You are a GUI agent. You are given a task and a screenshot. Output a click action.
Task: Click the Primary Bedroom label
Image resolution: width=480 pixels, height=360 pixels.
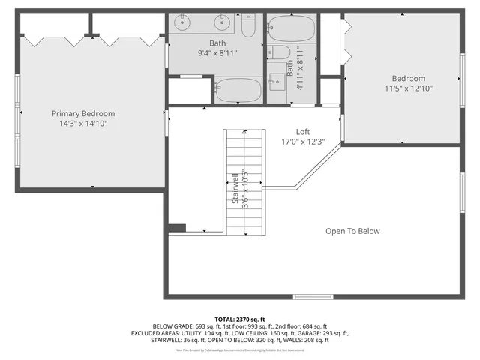[x=82, y=113]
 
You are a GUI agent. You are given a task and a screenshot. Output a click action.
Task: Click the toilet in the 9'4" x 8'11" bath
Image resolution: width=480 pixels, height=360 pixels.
[x=248, y=27]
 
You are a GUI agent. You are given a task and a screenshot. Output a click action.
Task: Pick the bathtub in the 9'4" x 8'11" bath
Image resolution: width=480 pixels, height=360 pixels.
[x=238, y=91]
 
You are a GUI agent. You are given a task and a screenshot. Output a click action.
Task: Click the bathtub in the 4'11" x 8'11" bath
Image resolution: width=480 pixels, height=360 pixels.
[x=293, y=29]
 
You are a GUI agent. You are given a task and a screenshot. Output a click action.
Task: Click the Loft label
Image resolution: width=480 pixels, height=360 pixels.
[x=303, y=131]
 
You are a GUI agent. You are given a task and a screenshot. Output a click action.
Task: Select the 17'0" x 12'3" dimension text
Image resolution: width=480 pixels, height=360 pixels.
[x=303, y=142]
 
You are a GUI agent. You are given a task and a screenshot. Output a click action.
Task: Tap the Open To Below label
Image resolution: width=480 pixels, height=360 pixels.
[x=352, y=231]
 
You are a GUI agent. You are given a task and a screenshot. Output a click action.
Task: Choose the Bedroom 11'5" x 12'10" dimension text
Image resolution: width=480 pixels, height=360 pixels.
[x=408, y=88]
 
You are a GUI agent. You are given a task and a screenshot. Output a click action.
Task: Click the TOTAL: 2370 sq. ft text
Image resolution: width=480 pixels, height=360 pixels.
[x=240, y=319]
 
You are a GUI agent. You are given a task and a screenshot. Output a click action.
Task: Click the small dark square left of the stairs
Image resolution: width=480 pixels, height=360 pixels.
[x=177, y=228]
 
